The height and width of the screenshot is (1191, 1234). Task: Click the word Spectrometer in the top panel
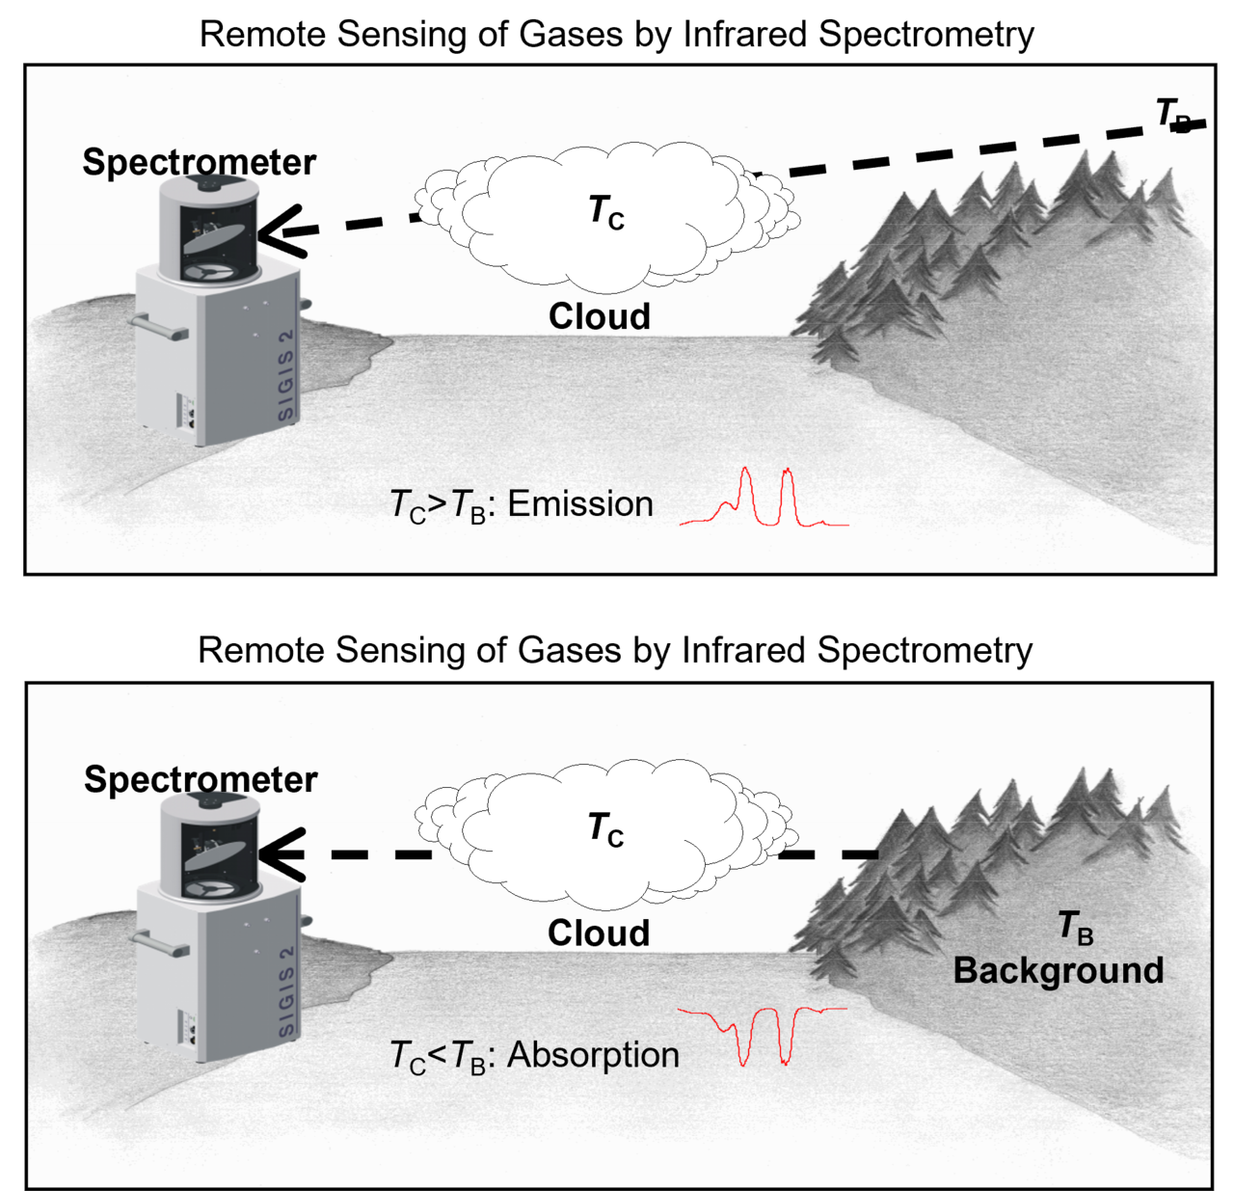[x=199, y=162]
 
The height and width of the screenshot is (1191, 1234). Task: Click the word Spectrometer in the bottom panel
[x=201, y=779]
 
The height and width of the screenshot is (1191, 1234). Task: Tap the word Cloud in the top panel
[x=599, y=316]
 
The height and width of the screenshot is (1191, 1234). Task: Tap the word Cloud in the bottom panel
[x=598, y=933]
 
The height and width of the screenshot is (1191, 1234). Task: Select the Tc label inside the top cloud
[x=605, y=211]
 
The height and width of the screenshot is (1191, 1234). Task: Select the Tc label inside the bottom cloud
[x=605, y=829]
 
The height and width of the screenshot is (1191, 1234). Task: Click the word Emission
[x=580, y=504]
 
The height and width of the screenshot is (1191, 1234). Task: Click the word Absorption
[x=593, y=1054]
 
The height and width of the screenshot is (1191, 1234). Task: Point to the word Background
[x=1058, y=970]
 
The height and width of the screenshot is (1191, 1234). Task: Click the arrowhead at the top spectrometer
[x=280, y=230]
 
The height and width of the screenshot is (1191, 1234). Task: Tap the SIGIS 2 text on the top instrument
[x=286, y=375]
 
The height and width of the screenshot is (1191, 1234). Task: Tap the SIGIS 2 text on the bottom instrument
[x=286, y=991]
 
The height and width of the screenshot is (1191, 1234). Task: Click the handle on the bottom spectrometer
[x=160, y=944]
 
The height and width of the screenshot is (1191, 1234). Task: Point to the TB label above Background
[x=1076, y=927]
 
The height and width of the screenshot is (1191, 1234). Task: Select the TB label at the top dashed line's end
[x=1173, y=115]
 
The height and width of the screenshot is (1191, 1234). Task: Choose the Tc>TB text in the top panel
[x=438, y=505]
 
